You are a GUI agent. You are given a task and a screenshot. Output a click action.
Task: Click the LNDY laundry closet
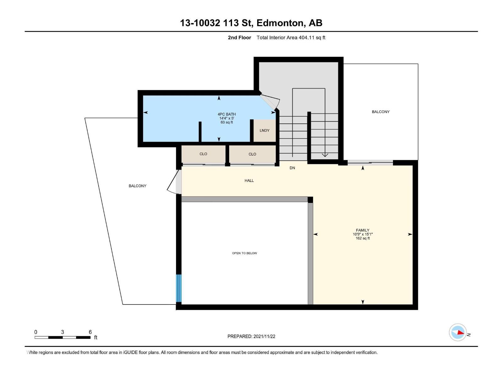pyautogui.click(x=264, y=130)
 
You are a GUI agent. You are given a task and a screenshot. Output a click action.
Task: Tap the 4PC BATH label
pyautogui.click(x=226, y=114)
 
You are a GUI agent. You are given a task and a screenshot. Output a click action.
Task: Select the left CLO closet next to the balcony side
pyautogui.click(x=203, y=154)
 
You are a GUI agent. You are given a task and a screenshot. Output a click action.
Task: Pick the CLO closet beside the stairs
pyautogui.click(x=252, y=154)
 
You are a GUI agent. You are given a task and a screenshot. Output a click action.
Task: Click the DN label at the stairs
pyautogui.click(x=292, y=168)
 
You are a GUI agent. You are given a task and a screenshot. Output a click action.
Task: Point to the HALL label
pyautogui.click(x=249, y=181)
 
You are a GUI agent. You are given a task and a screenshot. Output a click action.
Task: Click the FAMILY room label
pyautogui.click(x=362, y=230)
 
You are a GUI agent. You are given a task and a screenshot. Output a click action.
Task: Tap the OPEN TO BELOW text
pyautogui.click(x=244, y=253)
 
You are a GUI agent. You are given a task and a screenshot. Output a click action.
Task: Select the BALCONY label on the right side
pyautogui.click(x=380, y=112)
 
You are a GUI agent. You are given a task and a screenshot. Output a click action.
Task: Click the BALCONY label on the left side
pyautogui.click(x=137, y=186)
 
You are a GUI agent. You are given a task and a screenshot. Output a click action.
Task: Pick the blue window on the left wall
pyautogui.click(x=179, y=288)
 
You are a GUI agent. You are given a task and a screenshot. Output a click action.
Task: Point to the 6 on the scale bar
pyautogui.click(x=90, y=332)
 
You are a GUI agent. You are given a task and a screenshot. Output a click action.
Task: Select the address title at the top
pyautogui.click(x=251, y=23)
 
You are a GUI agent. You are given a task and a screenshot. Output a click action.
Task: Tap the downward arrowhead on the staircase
pyautogui.click(x=325, y=155)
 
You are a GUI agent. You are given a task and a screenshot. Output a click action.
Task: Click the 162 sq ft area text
pyautogui.click(x=362, y=238)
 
